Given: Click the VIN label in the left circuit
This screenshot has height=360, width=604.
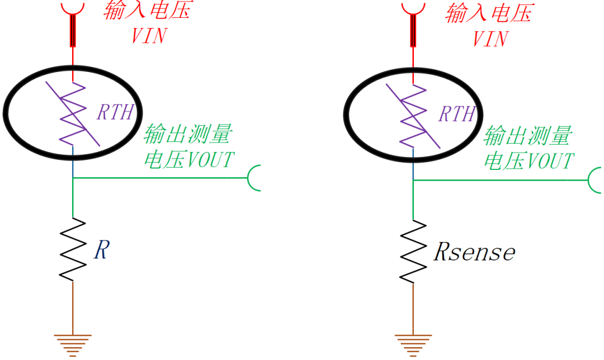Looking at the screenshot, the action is point(149,36).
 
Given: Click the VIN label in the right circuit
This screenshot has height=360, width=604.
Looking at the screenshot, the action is point(490,39).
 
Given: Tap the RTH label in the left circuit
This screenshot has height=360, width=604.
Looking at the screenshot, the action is point(115,112).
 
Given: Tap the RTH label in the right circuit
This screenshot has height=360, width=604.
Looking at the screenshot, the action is point(457,114).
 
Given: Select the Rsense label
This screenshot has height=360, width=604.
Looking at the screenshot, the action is point(474,252).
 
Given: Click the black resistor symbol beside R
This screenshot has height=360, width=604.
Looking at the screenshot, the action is point(72,249).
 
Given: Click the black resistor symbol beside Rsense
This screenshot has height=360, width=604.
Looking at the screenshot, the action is point(413,252).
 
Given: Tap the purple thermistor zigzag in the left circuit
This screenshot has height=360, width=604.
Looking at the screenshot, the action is point(72,113).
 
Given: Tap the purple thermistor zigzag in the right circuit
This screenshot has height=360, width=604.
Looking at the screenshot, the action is point(413,116).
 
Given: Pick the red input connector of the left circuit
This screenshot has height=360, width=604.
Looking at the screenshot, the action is point(72,24).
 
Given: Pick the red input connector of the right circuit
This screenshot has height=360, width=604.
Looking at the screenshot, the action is point(413,25).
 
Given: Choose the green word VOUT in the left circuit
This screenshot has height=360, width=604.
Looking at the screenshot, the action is point(210,159).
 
